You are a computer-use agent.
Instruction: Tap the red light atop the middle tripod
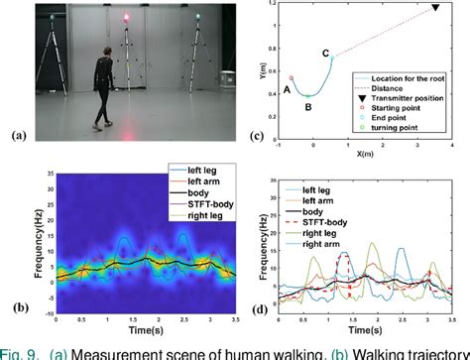pyautogui.click(x=127, y=19)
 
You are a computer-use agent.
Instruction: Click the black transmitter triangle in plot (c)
pyautogui.click(x=434, y=9)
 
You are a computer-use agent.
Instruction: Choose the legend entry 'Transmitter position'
pyautogui.click(x=406, y=99)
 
